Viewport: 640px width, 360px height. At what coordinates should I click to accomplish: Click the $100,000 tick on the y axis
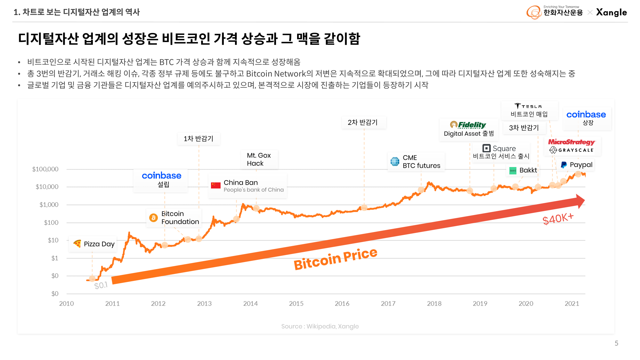click(45, 169)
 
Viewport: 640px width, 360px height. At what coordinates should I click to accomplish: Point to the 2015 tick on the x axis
click(296, 303)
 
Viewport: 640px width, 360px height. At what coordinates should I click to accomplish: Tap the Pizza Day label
click(99, 244)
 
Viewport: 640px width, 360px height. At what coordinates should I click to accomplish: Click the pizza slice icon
click(77, 244)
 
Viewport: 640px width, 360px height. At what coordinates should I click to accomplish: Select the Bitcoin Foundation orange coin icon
click(154, 218)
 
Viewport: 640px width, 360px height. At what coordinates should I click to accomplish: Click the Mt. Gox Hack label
click(259, 159)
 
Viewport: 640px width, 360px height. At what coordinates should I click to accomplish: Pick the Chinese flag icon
click(216, 185)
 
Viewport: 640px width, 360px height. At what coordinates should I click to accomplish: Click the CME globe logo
click(395, 161)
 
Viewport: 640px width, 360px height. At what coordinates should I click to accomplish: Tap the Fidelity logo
click(468, 125)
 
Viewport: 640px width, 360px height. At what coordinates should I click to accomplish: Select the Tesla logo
click(528, 106)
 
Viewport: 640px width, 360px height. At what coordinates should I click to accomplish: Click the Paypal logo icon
click(564, 165)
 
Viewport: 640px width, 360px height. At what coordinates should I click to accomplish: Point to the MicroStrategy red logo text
click(571, 142)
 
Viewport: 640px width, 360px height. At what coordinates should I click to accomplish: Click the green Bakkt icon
click(513, 171)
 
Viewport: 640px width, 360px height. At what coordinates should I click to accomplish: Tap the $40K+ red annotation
click(558, 219)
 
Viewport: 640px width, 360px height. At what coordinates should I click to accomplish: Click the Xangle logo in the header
click(611, 12)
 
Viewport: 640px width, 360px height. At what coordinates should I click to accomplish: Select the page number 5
click(616, 343)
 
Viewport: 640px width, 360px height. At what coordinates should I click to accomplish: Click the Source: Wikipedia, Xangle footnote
click(320, 326)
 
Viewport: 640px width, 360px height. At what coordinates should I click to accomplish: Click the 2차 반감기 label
click(363, 123)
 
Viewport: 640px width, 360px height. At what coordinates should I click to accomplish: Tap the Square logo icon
click(486, 148)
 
